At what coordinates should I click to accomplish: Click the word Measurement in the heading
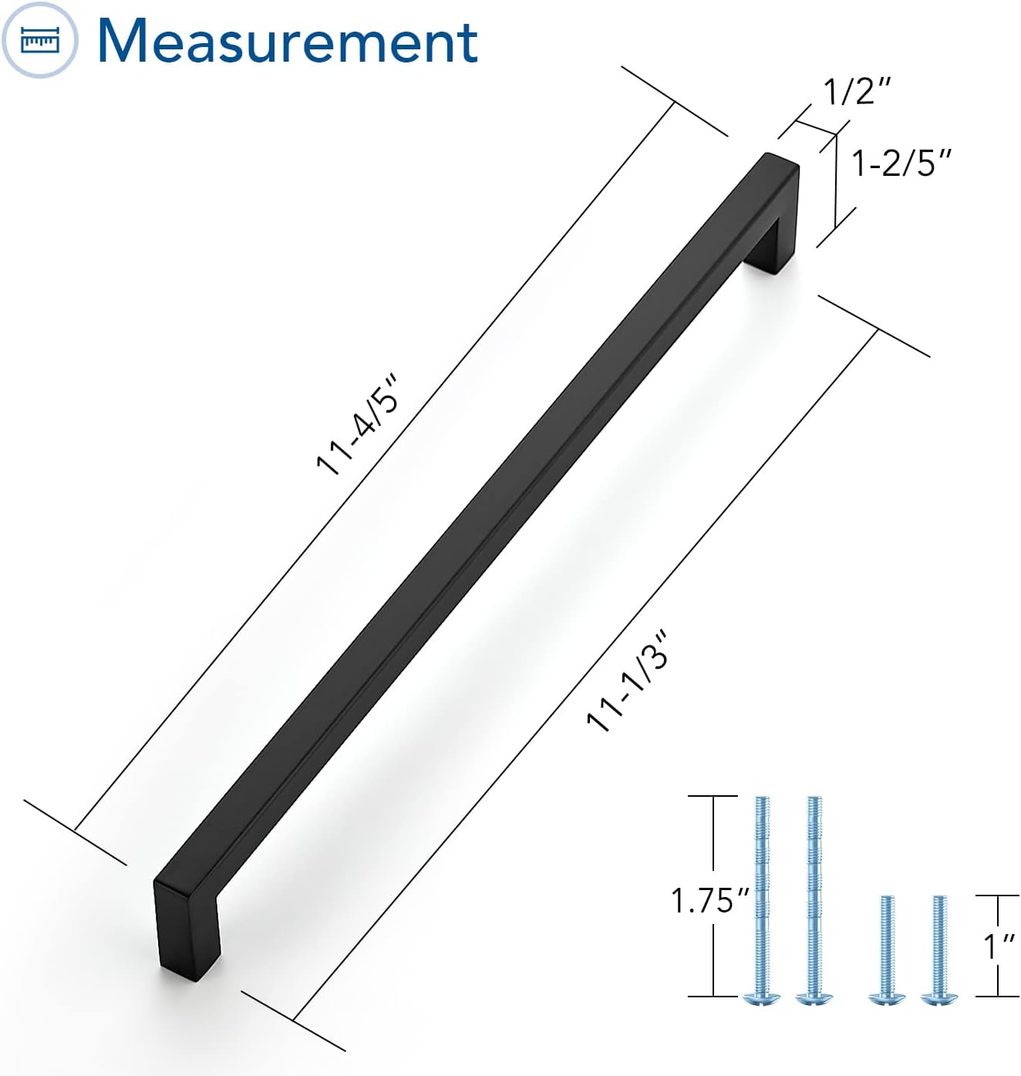[x=288, y=42]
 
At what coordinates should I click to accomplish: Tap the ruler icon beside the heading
[x=39, y=41]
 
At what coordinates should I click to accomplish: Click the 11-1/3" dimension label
[x=628, y=680]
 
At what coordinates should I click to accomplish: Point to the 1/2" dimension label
[x=857, y=91]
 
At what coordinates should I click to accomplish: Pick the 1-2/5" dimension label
[x=901, y=163]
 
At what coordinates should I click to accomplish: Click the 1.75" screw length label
[x=709, y=900]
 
